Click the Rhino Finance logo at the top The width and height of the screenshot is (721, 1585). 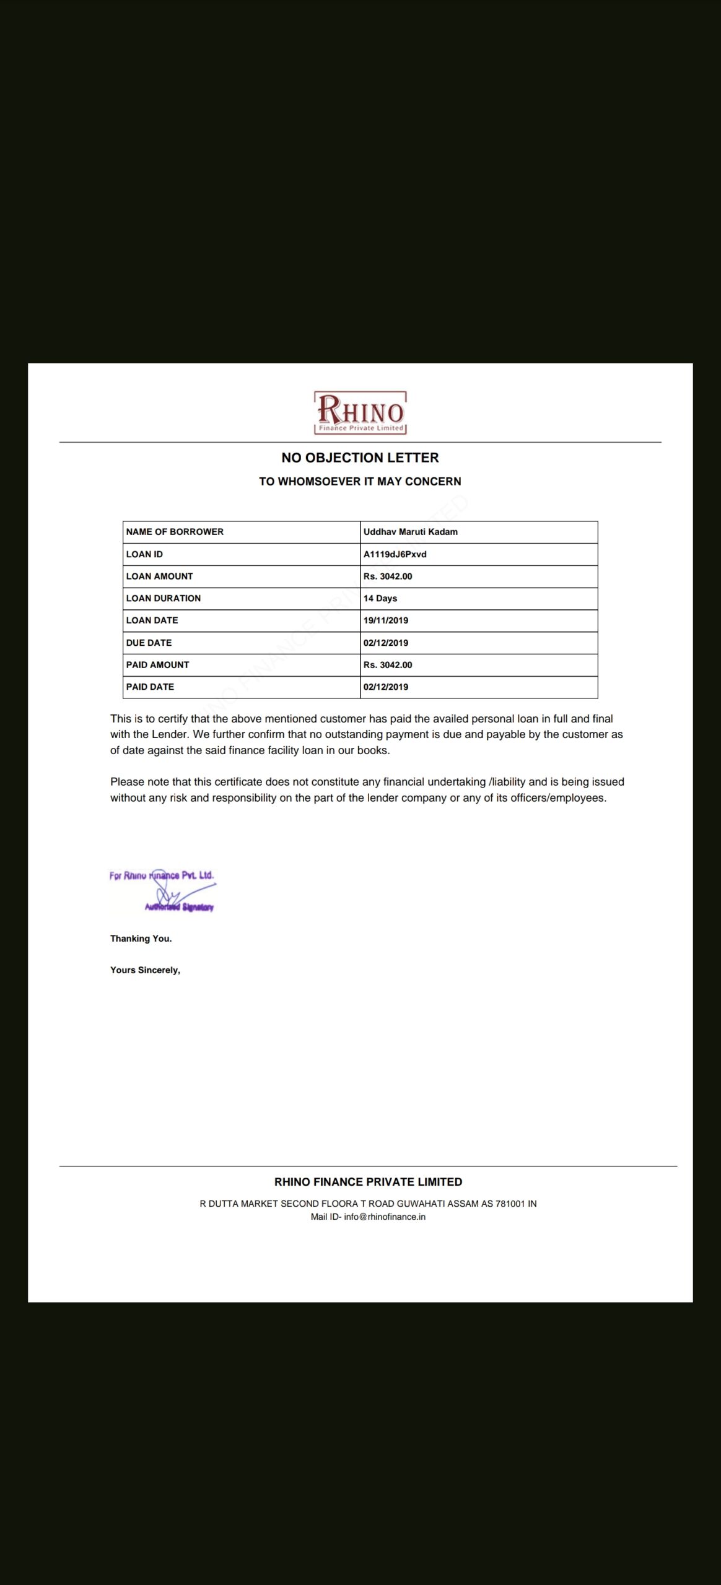360,412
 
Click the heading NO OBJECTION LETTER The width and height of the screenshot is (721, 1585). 360,458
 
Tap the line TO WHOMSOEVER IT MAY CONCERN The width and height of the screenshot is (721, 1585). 360,482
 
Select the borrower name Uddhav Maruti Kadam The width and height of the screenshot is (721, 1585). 410,532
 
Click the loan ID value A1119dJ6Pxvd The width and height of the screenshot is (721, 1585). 395,554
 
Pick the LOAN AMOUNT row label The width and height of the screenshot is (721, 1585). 159,576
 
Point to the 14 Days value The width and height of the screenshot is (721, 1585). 380,599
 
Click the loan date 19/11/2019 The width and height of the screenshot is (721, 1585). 385,620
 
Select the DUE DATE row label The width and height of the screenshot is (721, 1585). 149,643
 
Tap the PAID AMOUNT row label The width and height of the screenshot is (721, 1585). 157,665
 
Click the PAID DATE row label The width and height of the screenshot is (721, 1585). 150,687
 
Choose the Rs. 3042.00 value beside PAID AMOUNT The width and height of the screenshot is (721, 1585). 387,665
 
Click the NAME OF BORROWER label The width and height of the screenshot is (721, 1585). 175,532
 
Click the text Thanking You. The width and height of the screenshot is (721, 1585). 141,939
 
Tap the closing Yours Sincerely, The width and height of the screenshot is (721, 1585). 145,970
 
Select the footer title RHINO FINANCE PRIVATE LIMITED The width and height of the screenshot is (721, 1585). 368,1182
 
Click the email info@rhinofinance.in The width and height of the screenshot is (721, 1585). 385,1217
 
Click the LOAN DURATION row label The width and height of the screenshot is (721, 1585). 163,599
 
